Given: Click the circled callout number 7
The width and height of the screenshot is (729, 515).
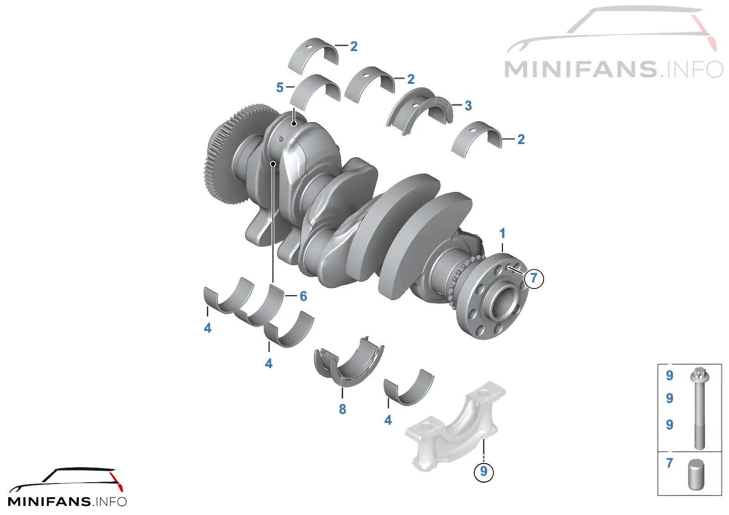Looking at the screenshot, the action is pos(534,278).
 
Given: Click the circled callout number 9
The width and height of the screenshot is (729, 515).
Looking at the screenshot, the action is pos(483,471).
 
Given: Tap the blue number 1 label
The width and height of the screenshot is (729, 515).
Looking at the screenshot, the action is pos(502,233).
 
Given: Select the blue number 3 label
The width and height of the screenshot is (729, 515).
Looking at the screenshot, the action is pos(468,105).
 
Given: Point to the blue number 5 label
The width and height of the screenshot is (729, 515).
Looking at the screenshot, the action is pos(280,88).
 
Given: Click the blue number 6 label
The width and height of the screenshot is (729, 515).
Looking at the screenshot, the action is pos(303,296).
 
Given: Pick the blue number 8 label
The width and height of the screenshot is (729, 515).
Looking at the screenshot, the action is pos(342,409).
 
